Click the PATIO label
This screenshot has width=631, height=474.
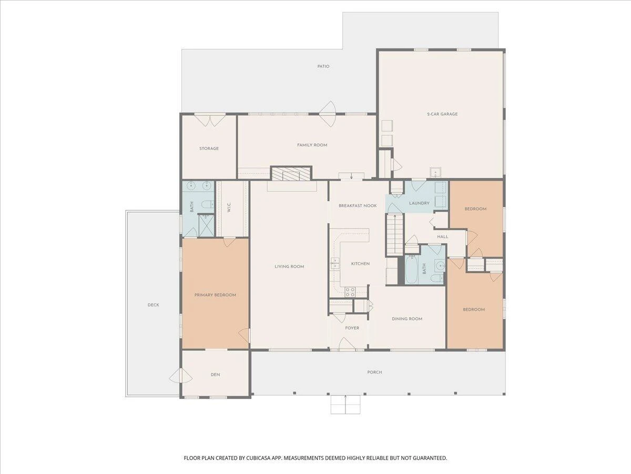(323, 66)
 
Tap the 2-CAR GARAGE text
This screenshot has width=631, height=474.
(442, 114)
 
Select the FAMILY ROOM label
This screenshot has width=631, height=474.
(312, 145)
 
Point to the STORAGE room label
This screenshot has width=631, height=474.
(209, 149)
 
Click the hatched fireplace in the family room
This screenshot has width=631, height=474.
(291, 174)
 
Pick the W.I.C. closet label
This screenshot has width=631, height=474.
(229, 207)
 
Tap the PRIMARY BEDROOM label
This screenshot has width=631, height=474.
(215, 295)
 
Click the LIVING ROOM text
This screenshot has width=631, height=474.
(289, 266)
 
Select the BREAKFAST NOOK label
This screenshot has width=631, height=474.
(358, 206)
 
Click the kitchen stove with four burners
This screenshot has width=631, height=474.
(350, 292)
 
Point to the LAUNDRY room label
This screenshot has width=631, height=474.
(419, 203)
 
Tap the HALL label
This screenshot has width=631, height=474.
(443, 237)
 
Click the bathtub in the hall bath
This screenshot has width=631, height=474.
(412, 270)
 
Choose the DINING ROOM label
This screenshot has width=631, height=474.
(407, 319)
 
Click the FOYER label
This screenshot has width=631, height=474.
(352, 328)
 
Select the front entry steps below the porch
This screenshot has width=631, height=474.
(345, 404)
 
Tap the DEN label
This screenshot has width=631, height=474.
(215, 374)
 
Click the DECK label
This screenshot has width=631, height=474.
(153, 305)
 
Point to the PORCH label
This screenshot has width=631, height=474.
(374, 372)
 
